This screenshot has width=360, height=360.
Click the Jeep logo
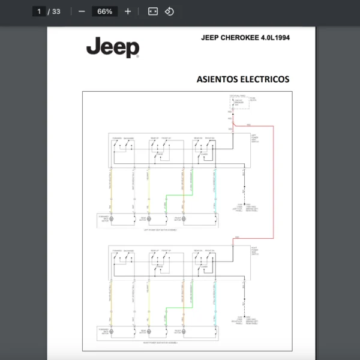[x=112, y=47]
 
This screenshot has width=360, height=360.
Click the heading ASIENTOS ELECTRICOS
[x=242, y=79]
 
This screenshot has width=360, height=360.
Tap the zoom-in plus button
[x=128, y=11]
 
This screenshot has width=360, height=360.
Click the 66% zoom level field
[x=104, y=11]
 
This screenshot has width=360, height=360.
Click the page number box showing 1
[x=40, y=11]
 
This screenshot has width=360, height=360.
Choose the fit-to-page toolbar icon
[x=153, y=11]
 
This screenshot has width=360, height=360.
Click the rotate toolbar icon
[x=169, y=11]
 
